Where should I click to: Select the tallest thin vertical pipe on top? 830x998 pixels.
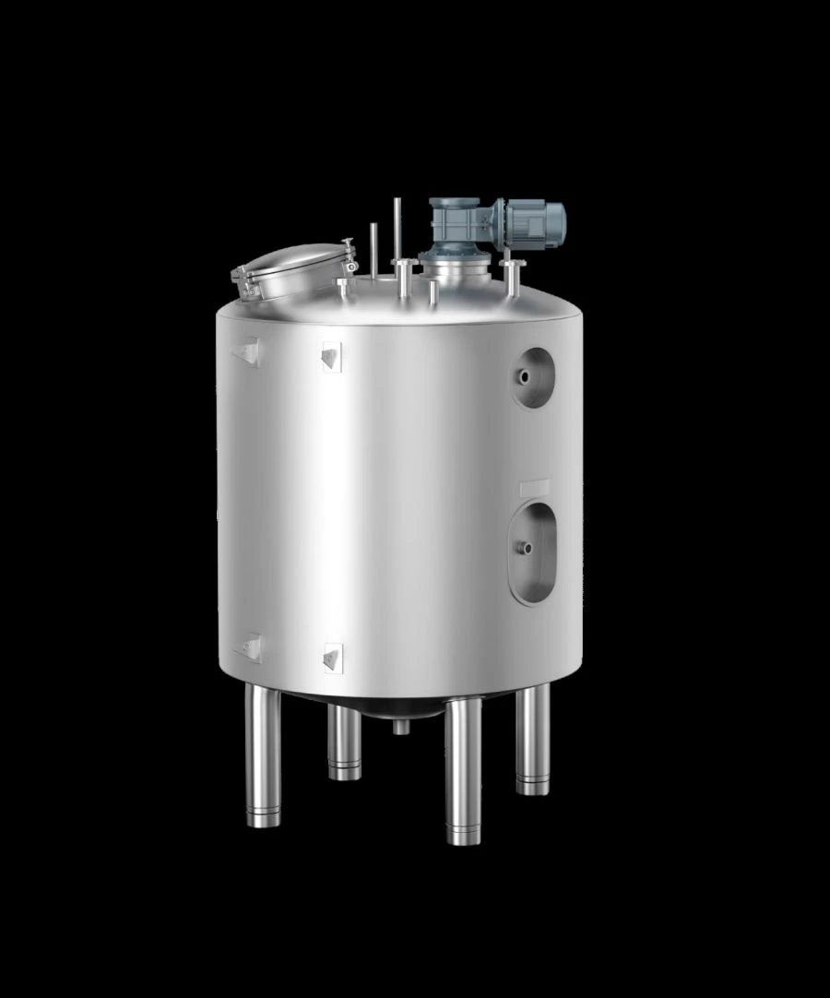click(x=397, y=231)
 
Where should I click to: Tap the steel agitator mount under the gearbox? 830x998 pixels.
click(x=451, y=270)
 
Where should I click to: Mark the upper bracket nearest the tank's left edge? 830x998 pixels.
click(x=249, y=351)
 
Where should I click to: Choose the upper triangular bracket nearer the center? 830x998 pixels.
click(x=331, y=356)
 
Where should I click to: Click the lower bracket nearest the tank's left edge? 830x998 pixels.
click(x=249, y=646)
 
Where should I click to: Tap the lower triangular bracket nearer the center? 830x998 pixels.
click(x=332, y=657)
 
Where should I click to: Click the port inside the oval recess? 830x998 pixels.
click(x=527, y=548)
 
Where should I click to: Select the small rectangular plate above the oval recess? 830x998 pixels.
click(x=534, y=486)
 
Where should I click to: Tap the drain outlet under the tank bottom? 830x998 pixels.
click(x=401, y=727)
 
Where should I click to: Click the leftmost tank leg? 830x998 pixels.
click(x=263, y=756)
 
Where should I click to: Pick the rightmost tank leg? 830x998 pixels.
click(x=532, y=738)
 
